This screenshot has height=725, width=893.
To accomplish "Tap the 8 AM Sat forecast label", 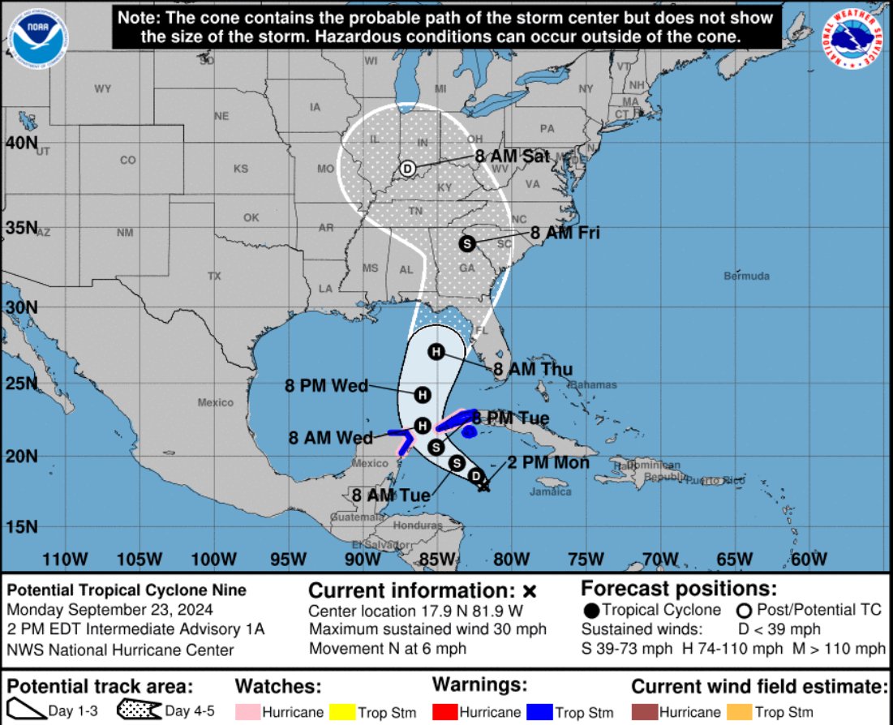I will point(513,157).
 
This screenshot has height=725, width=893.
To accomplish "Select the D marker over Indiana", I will point(408,169).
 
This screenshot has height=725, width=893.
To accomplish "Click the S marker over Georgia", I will point(466,242).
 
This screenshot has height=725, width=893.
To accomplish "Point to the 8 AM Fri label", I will point(565,233).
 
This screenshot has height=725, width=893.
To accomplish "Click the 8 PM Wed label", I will point(327,386).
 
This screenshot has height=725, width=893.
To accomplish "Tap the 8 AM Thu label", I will point(533,370).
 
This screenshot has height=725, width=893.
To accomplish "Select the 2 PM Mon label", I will point(548,463).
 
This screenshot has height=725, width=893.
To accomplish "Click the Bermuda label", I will point(746,277).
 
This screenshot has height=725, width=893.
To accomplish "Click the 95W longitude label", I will point(288,559).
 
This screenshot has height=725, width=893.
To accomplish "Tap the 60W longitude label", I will point(808,559).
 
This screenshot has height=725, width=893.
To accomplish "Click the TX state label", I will point(214,277).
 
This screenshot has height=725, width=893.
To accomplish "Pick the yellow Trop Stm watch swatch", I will point(348,712).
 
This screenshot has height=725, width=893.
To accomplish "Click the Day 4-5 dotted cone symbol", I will point(140,710).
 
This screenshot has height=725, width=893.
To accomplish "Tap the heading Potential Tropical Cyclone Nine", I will point(126,590).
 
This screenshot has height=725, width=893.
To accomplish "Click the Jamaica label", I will point(550,491).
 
